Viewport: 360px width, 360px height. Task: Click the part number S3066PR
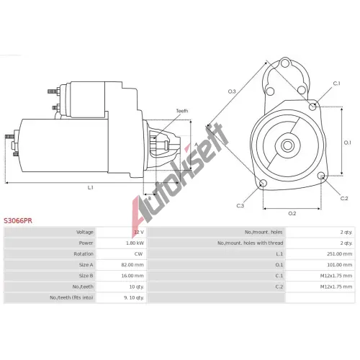[x=18, y=221]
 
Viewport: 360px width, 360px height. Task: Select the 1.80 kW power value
[x=135, y=243]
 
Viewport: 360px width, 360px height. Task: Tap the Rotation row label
[x=84, y=254]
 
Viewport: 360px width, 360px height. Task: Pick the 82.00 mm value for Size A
[x=132, y=265]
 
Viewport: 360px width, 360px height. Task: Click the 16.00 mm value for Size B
[x=132, y=276]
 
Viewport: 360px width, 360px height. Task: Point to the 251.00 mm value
[x=340, y=254]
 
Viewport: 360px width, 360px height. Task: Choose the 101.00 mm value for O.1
[x=340, y=265]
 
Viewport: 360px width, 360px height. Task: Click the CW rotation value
[x=138, y=254]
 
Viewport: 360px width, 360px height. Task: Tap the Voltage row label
[x=85, y=232]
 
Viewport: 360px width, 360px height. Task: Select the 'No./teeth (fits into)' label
[x=71, y=297]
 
